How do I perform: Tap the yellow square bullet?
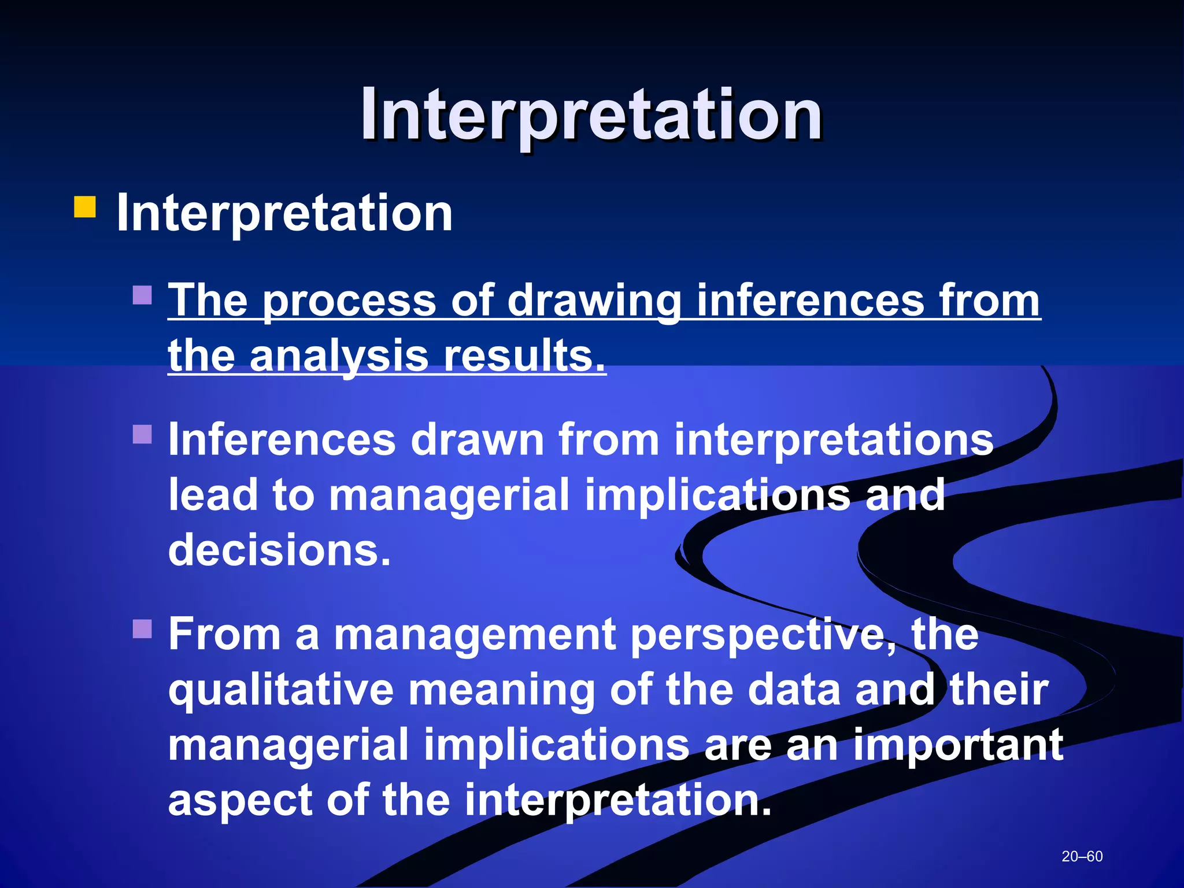84,207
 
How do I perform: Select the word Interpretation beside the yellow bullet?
284,213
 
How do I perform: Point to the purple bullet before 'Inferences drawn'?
142,434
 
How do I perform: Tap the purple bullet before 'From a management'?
142,628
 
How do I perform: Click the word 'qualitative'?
280,690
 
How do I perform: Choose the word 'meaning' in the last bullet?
501,690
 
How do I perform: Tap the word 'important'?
958,745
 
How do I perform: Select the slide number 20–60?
1082,856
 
